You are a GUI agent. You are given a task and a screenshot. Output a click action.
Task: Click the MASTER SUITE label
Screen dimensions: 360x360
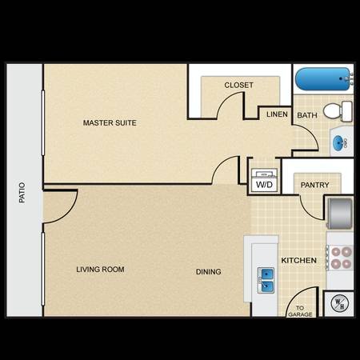pos(110,123)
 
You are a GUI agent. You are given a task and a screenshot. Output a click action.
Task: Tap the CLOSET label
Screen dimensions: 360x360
pos(238,85)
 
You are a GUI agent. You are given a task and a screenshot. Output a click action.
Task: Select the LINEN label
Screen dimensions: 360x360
pos(277,115)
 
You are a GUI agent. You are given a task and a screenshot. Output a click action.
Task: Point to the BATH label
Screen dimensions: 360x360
pos(307,115)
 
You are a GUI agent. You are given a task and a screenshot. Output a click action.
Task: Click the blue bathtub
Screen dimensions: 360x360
pos(322,80)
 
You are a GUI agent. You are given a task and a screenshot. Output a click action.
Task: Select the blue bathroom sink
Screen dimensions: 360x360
pos(341,144)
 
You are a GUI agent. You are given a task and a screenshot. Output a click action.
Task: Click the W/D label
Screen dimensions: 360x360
pos(264,185)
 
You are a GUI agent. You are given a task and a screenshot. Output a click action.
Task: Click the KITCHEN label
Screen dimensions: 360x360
pos(298,261)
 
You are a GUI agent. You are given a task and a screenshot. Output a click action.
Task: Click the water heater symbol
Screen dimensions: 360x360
pos(338,303)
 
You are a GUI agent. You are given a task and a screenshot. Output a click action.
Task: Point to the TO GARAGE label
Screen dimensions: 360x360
pos(302,310)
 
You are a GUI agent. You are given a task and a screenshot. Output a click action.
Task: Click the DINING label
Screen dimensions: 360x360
pos(209,272)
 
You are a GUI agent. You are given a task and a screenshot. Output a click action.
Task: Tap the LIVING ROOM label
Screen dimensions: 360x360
pos(100,270)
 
